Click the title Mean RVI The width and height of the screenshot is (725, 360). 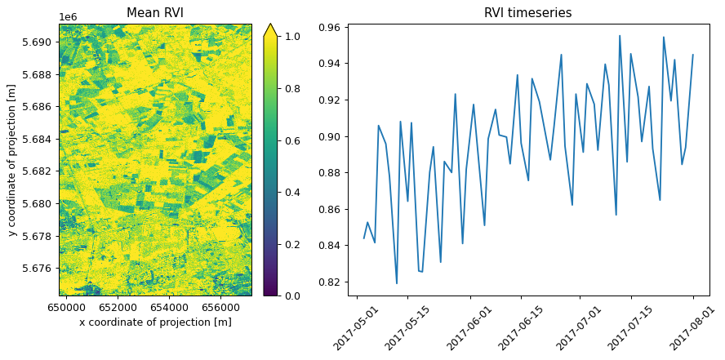coord(156,12)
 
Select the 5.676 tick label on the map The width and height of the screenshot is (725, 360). coord(41,268)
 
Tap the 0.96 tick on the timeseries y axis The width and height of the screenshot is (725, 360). coord(331,27)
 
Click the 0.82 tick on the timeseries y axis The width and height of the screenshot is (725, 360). coord(331,282)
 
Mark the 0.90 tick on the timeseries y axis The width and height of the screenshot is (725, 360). coord(331,136)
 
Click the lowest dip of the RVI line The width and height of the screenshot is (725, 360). coord(397,283)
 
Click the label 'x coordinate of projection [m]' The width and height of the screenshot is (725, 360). coord(155,322)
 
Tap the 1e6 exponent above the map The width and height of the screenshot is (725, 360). coord(69,17)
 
